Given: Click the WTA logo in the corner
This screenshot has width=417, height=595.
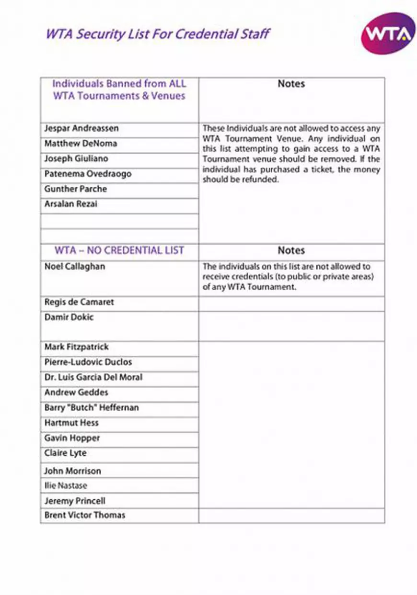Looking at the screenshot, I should pos(388,34).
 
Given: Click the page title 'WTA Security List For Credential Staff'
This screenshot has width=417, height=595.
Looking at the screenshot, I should pos(158,34).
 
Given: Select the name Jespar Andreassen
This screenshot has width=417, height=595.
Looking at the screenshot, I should pos(81,128).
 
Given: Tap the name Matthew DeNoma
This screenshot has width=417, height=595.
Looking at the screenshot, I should pos(81,144).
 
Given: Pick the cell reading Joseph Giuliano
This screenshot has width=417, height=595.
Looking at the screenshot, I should pos(76,158).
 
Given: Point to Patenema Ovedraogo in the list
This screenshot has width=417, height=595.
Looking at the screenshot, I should pos(88,174).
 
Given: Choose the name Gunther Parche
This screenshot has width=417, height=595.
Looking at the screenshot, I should pos(76,189).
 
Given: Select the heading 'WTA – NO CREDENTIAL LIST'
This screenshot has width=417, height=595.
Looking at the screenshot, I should pos(119,251).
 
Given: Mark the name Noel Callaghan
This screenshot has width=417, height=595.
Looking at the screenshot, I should pos(75,266).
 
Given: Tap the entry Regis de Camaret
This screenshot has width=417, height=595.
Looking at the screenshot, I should pos(79,303).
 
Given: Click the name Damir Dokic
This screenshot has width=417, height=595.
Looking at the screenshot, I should pos(69,317).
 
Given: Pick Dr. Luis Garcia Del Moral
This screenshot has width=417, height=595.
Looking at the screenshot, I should pos(93,377).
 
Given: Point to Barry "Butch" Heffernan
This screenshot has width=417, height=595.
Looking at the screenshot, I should pos(92,408).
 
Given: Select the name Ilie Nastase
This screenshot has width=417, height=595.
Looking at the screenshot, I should pos(66,486).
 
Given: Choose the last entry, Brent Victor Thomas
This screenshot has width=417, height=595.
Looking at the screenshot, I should pos(85,516).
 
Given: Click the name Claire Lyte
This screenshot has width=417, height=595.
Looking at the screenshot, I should pos(66,453).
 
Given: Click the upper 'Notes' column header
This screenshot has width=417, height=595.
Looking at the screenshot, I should pos(291,84).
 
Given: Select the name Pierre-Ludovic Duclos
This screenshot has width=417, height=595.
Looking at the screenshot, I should pos(88,362).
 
